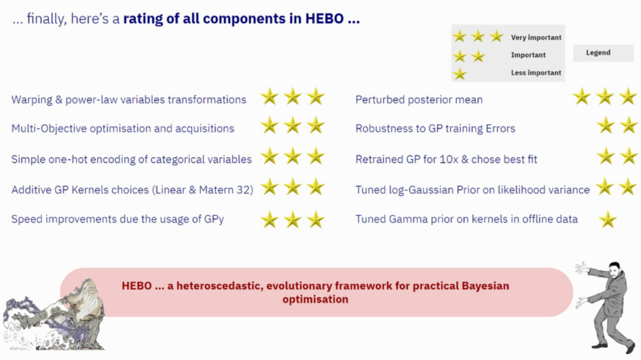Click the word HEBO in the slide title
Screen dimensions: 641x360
(x=324, y=19)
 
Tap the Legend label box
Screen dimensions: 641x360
(x=603, y=53)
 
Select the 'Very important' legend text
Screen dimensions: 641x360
(x=536, y=37)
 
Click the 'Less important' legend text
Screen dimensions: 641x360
(x=536, y=73)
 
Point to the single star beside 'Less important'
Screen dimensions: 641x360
(x=459, y=74)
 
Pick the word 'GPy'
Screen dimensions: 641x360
(x=214, y=219)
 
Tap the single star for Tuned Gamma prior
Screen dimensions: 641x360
(x=608, y=220)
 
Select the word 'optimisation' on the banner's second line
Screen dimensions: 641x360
(x=315, y=300)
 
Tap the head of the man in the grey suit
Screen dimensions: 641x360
(x=614, y=270)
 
